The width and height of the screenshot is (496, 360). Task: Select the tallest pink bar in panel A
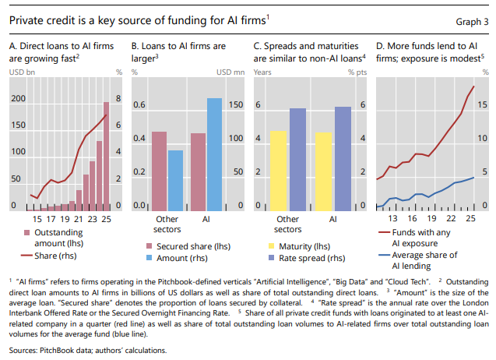107,156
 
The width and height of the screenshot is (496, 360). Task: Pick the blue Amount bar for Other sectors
175,179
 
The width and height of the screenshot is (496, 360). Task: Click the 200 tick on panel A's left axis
17,99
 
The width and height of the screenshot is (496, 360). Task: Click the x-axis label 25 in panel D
470,220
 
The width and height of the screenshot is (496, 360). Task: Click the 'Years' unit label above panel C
264,72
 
